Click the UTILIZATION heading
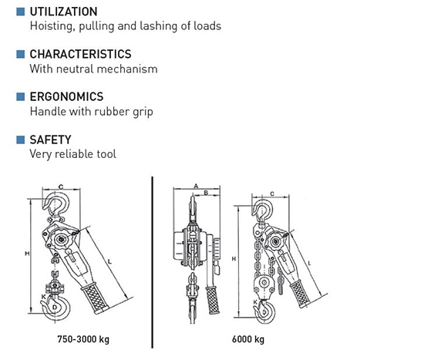(63, 12)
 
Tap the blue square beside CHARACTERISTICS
(20, 55)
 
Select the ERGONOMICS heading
(67, 97)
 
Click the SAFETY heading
(50, 140)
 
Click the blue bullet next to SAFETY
(20, 140)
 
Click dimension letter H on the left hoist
(28, 253)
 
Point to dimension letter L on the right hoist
(308, 264)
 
